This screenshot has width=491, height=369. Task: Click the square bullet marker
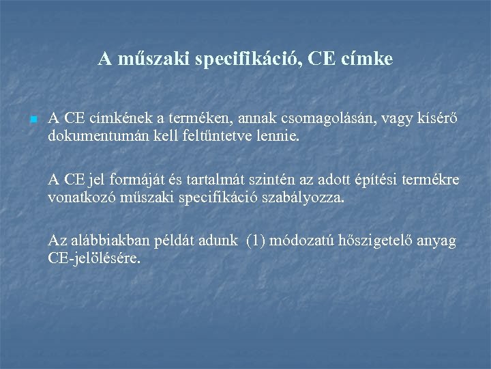point(33,120)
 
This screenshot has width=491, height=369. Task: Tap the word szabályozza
point(310,198)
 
